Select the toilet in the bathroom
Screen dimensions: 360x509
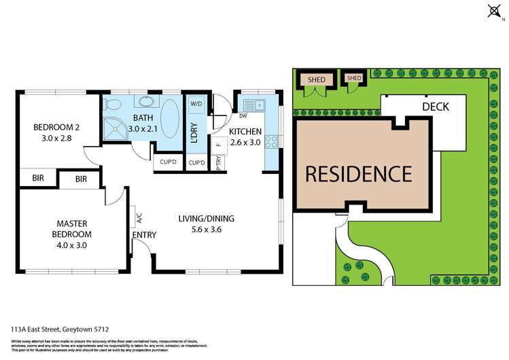click(x=113, y=104)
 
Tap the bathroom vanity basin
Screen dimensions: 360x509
click(x=145, y=103)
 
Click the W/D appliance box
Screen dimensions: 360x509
click(x=196, y=104)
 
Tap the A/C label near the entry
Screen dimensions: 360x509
click(x=139, y=218)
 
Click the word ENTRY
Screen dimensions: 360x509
click(x=144, y=235)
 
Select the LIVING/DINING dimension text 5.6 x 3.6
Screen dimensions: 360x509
click(x=206, y=230)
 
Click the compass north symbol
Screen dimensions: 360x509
click(x=493, y=10)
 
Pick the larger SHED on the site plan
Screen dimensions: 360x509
click(x=316, y=79)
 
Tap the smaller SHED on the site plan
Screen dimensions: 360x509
click(x=353, y=78)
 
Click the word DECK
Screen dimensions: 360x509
click(x=435, y=107)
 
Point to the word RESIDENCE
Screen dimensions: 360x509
click(x=358, y=174)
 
